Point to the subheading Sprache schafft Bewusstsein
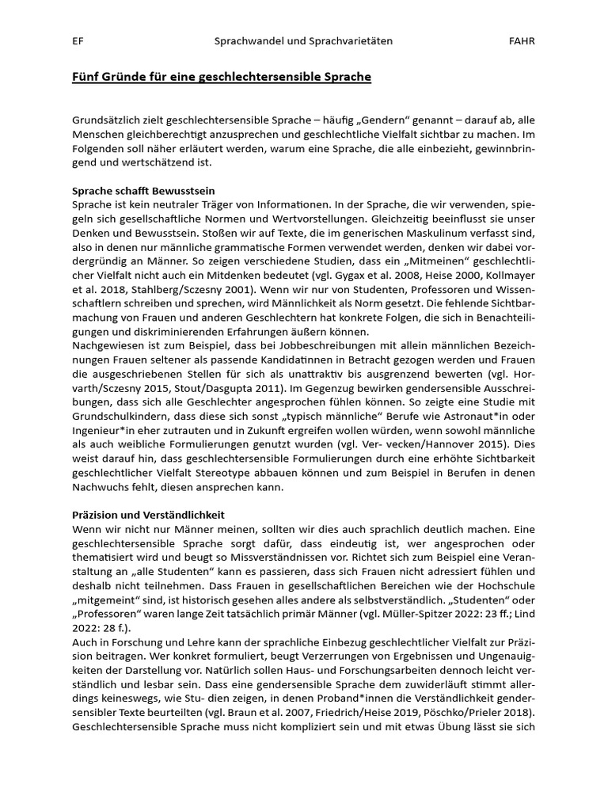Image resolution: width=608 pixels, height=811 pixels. tap(143, 192)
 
